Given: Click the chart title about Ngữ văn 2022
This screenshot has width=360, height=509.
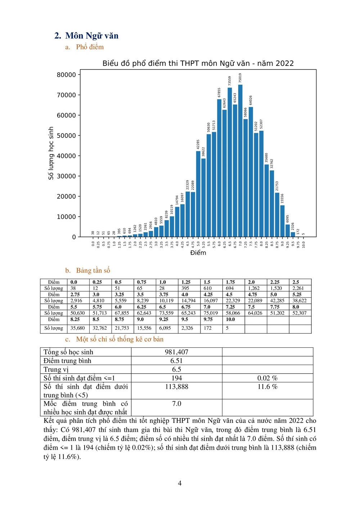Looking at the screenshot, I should [x=198, y=63].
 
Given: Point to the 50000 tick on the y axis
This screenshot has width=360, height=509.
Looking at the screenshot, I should [x=67, y=136].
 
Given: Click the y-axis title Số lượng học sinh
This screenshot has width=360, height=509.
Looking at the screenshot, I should [x=51, y=153].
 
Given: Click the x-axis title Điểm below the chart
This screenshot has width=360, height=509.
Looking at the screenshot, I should [x=198, y=253].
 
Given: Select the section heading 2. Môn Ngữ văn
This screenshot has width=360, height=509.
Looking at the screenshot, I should [x=86, y=36].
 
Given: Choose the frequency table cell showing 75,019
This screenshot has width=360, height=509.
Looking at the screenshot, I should [x=211, y=313].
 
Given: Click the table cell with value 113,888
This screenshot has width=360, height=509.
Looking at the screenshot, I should [x=176, y=387].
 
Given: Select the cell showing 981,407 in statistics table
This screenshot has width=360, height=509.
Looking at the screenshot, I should [x=176, y=352].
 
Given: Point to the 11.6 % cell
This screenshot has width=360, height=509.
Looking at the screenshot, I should [x=267, y=387].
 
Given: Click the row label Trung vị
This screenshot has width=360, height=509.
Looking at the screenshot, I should [x=56, y=369].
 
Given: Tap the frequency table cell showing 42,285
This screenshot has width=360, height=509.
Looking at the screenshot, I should [x=277, y=301].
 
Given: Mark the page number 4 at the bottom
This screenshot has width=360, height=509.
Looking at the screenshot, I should [x=180, y=483].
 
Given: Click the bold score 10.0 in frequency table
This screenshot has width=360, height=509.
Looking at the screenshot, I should [x=230, y=319].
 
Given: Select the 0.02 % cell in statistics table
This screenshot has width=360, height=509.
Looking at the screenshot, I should [x=267, y=378].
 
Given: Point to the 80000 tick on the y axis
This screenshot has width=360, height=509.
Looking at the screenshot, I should [x=67, y=75].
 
